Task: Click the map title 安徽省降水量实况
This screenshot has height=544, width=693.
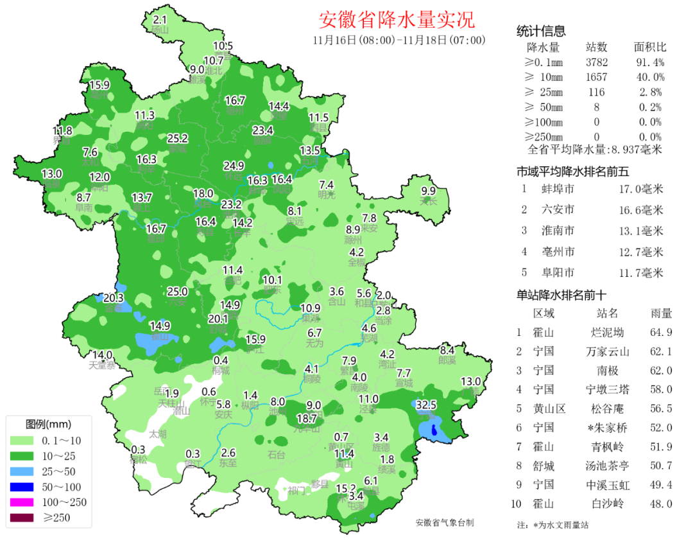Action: click(397, 20)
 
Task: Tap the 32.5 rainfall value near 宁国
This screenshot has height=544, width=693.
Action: click(427, 405)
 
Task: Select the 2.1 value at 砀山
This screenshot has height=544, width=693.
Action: click(160, 20)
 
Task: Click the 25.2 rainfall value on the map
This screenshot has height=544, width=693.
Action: click(178, 138)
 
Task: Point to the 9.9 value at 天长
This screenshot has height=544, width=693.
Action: click(428, 191)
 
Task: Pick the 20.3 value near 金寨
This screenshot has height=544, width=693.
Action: click(113, 298)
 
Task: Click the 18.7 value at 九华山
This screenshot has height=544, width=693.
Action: click(307, 418)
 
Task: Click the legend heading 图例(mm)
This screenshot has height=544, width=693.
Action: click(48, 425)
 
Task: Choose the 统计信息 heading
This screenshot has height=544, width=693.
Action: click(541, 31)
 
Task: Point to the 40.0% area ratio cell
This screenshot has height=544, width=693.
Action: click(649, 77)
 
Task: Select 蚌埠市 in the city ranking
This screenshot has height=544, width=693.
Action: click(558, 189)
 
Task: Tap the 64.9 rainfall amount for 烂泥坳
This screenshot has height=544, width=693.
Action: click(661, 333)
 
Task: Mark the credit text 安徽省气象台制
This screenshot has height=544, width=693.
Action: click(445, 523)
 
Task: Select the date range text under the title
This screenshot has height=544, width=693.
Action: click(398, 40)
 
